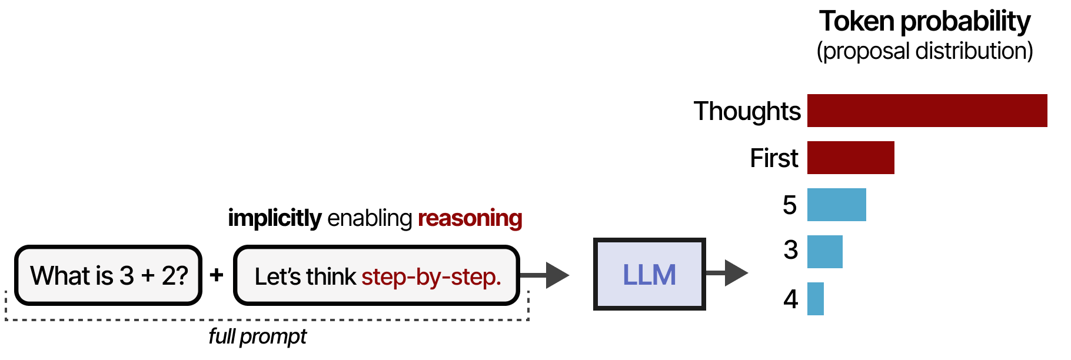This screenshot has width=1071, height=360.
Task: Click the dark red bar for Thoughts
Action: (927, 111)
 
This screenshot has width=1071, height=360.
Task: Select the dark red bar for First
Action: (850, 158)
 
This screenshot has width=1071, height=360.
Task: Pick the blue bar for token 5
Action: (836, 205)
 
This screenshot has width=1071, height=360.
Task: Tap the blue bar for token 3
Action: (824, 252)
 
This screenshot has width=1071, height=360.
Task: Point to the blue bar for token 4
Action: (815, 299)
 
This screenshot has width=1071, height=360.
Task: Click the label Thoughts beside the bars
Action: (747, 111)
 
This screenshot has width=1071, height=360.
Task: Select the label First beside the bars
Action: (774, 158)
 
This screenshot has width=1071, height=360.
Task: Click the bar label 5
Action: (790, 205)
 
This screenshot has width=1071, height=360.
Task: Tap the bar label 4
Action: (790, 299)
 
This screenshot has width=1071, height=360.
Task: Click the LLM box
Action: (649, 274)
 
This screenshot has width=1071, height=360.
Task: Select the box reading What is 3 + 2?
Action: (109, 275)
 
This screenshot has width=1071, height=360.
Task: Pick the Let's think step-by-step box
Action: (377, 275)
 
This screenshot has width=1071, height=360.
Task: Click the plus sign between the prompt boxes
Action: (217, 275)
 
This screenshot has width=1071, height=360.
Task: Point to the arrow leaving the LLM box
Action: (727, 273)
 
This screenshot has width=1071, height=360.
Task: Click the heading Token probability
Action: (924, 22)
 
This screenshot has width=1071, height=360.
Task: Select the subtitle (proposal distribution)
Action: (924, 51)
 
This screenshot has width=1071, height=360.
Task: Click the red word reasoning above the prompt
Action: (470, 218)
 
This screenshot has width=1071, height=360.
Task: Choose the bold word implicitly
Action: (274, 218)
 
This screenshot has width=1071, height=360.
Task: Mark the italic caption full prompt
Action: (257, 336)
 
